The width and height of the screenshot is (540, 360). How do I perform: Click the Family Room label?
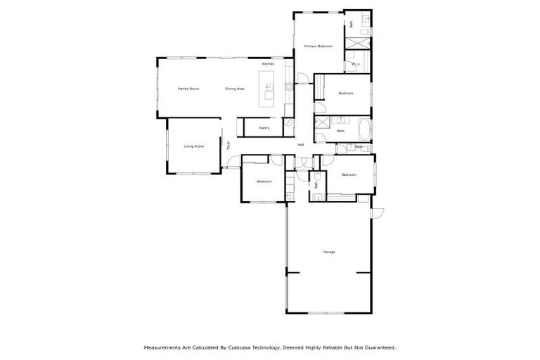point(188,89)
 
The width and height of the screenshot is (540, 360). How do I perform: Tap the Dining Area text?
point(235,89)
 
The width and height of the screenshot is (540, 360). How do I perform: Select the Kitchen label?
point(268,64)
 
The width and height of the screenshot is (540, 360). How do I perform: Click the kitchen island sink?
point(269,88)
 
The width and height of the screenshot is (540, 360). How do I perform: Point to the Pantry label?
point(264,128)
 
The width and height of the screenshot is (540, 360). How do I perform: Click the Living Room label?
point(193,146)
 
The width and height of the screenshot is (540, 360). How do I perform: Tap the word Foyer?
point(228,146)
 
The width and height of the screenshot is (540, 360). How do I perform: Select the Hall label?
point(301,145)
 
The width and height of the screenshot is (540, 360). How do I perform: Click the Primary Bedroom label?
point(318,46)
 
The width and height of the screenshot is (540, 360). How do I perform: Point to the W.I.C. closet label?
point(356,65)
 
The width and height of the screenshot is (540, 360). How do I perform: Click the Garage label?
point(328,252)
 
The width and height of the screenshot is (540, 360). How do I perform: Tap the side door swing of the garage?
point(376,212)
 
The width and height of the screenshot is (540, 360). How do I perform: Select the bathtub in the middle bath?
point(364,130)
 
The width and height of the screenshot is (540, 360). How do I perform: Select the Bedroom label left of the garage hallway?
point(264,182)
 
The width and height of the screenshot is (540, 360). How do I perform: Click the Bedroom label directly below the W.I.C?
point(345,94)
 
